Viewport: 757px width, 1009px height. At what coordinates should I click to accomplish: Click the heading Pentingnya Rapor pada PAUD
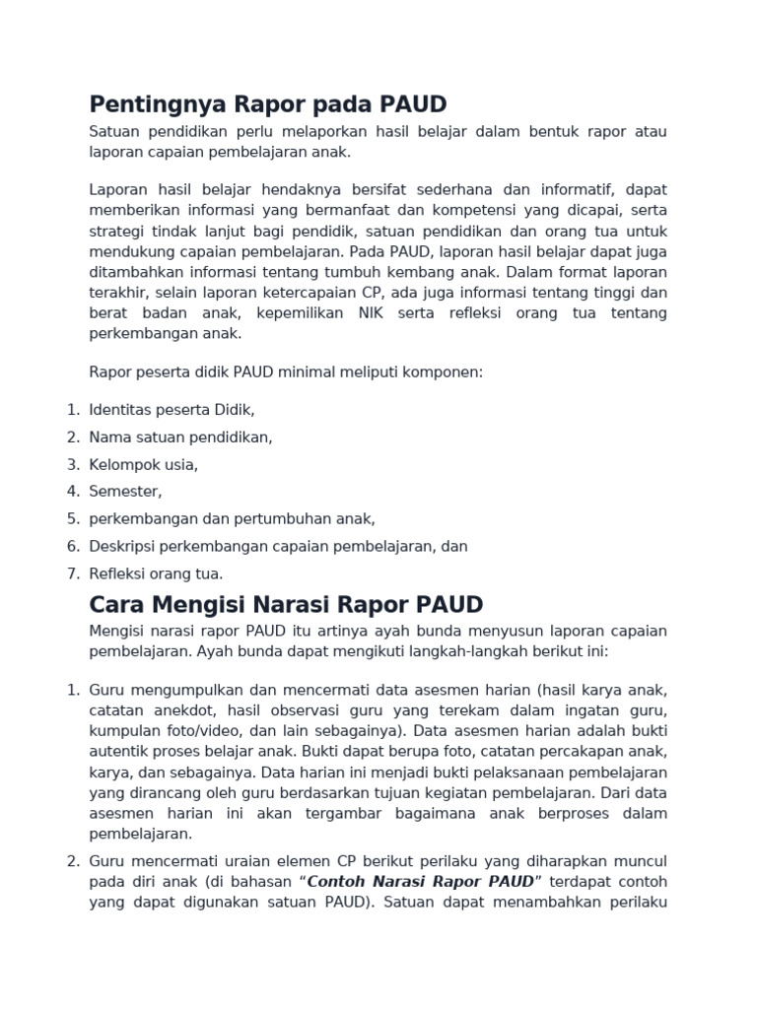pos(268,104)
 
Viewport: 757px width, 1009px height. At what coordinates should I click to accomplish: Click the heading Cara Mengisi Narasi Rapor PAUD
pos(286,603)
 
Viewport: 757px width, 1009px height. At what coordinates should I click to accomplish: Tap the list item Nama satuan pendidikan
pos(180,437)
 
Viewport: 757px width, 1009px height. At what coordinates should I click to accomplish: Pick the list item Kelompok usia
pos(144,464)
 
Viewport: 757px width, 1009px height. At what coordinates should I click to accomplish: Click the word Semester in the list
pos(125,491)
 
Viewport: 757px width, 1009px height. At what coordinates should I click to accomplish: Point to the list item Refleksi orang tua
pos(156,573)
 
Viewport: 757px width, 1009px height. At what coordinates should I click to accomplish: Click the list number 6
pos(73,546)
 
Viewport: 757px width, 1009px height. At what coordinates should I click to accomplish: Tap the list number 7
pos(73,573)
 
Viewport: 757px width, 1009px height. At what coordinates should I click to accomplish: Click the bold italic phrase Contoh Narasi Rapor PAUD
pos(421,880)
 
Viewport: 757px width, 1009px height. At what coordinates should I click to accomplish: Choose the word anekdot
pos(184,710)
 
